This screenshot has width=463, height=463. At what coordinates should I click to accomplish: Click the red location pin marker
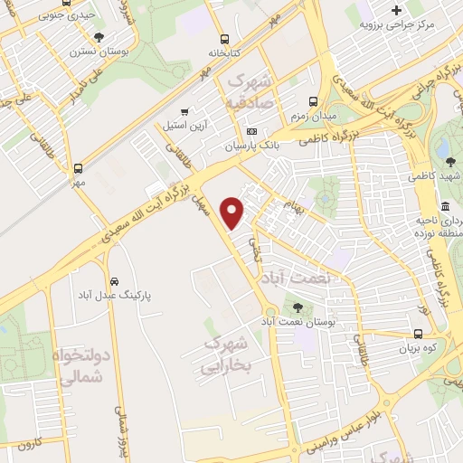pyautogui.click(x=234, y=212)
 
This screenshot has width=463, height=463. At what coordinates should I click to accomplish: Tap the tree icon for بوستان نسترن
pyautogui.click(x=99, y=37)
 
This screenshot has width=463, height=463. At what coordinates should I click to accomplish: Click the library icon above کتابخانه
pyautogui.click(x=225, y=39)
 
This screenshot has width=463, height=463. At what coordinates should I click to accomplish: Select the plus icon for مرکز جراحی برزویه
pyautogui.click(x=396, y=9)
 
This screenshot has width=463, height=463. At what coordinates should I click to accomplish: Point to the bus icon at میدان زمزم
pyautogui.click(x=313, y=102)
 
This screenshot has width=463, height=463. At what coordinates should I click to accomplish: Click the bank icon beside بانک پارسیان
pyautogui.click(x=251, y=132)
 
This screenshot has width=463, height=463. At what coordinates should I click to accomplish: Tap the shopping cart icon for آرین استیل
pyautogui.click(x=186, y=109)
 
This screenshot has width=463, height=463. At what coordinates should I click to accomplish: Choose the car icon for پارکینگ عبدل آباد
pyautogui.click(x=113, y=280)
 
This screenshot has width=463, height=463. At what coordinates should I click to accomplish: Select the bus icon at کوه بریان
pyautogui.click(x=404, y=334)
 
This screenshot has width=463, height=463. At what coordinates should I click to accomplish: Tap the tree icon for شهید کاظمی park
pyautogui.click(x=450, y=162)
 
